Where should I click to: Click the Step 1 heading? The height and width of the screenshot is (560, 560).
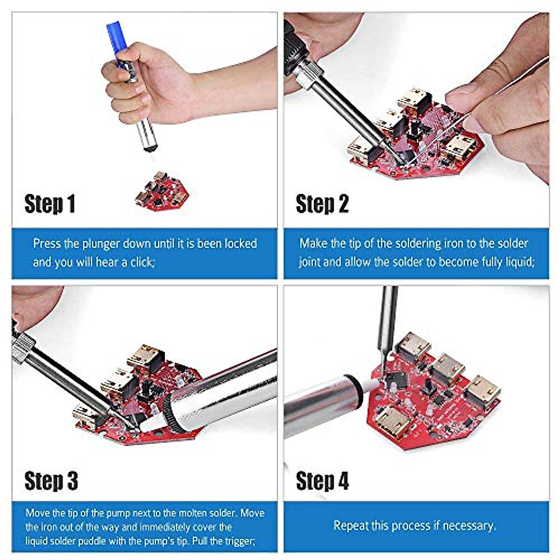coord(49,204)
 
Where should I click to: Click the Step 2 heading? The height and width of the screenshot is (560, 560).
coord(322,204)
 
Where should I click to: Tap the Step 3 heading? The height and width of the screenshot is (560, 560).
coord(51,481)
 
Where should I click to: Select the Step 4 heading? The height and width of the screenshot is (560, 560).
coord(322,481)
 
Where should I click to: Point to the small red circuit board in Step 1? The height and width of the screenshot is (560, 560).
coord(161,192)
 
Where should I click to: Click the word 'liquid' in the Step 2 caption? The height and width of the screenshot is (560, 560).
coord(519,262)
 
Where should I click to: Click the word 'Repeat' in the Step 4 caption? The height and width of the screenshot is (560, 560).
coord(350,526)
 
